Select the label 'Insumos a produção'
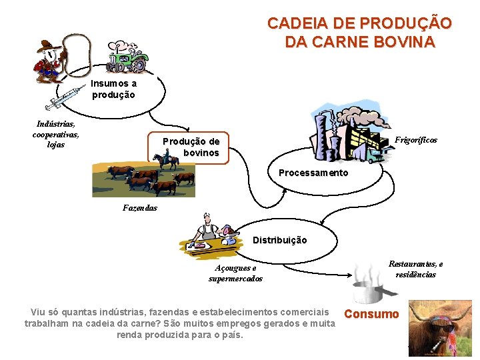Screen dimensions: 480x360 (113, 89)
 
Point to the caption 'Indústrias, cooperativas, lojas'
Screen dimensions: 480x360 (56, 134)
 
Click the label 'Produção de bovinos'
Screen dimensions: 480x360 (191, 147)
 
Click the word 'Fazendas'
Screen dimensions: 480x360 (140, 207)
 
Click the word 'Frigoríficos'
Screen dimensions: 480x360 (416, 140)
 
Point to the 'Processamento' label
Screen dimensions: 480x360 (313, 173)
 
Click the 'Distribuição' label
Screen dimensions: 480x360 (280, 240)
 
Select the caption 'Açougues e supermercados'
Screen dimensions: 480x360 (235, 273)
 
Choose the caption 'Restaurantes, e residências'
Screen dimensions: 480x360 (416, 269)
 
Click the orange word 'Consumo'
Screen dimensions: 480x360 (371, 314)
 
